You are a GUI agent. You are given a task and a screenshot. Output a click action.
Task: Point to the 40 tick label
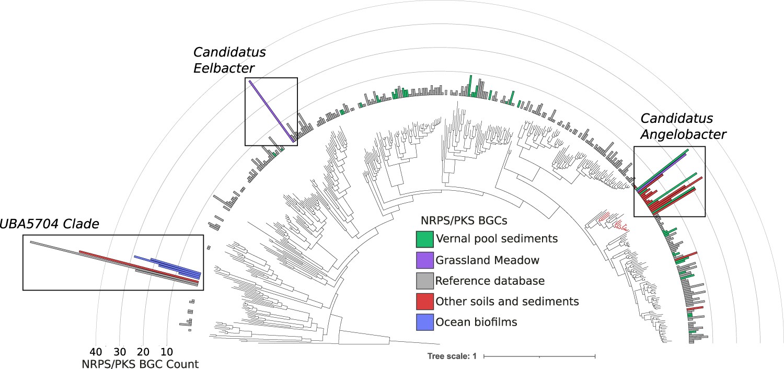tap(96, 351)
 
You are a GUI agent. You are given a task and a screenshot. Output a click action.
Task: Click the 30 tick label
tap(120, 351)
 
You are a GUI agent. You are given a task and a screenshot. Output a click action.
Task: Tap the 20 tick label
tap(144, 351)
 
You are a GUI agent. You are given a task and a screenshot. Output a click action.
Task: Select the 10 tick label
tap(167, 351)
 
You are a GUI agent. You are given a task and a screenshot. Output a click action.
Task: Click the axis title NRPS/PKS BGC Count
tap(140, 364)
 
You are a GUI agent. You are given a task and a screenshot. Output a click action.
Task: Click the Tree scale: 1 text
tap(452, 356)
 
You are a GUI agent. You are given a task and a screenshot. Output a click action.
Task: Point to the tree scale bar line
tap(539, 356)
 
